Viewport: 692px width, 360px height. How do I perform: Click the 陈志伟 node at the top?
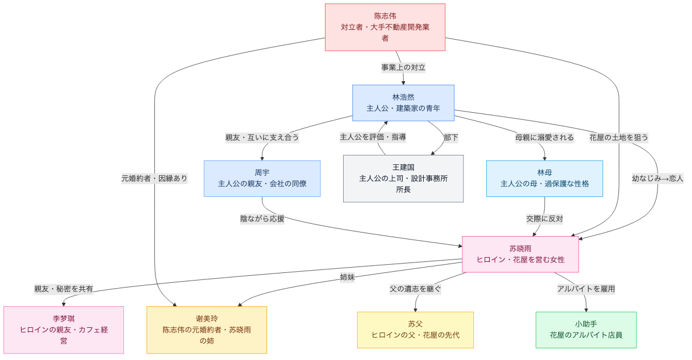click(385, 27)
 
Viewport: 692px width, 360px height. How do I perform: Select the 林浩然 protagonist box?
click(403, 103)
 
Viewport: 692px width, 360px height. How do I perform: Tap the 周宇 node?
click(262, 178)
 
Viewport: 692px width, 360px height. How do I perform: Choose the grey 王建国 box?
click(403, 178)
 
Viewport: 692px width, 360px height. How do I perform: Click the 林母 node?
click(544, 178)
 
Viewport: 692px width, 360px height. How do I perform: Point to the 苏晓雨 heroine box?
click(520, 254)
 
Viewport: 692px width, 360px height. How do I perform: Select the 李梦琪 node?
click(64, 330)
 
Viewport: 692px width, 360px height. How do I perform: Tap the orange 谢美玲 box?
click(206, 330)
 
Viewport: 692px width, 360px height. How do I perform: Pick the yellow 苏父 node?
click(416, 330)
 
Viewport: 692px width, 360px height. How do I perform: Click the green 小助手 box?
click(586, 330)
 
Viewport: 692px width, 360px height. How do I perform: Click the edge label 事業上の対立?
click(403, 67)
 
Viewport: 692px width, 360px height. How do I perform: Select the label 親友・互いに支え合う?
click(262, 137)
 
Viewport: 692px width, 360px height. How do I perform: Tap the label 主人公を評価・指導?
click(373, 137)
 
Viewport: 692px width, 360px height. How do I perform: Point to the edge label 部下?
click(451, 137)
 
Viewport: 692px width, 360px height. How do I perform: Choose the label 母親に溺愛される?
click(544, 137)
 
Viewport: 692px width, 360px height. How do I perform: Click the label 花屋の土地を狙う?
click(618, 137)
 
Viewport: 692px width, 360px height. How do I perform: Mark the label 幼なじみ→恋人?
click(658, 178)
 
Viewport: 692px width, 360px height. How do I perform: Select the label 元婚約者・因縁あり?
click(154, 178)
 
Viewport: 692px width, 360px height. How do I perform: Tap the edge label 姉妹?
click(347, 277)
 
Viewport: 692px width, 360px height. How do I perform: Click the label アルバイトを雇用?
click(586, 289)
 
